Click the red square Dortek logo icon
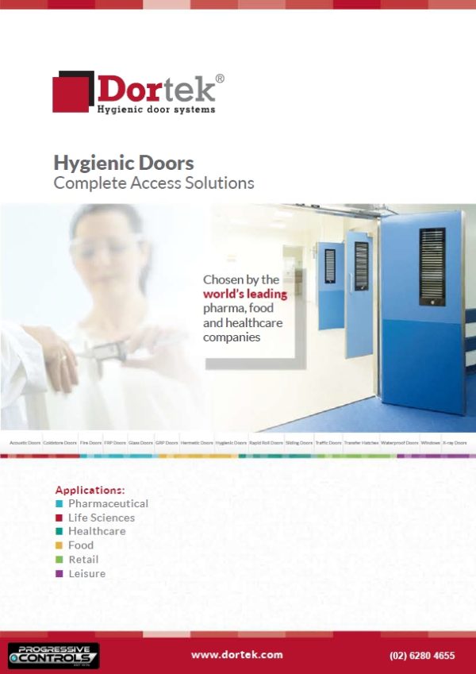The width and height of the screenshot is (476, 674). (x=74, y=92)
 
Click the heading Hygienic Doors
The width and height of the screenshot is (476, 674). (x=124, y=164)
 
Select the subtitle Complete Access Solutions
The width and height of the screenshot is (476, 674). (x=154, y=183)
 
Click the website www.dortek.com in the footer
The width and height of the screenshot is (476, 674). (x=237, y=655)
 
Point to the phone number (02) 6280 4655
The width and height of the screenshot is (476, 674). (x=422, y=656)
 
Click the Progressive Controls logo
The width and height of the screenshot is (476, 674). (x=53, y=655)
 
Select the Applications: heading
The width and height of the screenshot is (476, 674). (x=90, y=490)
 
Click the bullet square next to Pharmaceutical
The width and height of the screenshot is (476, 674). (x=59, y=504)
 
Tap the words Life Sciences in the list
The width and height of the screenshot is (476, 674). (x=102, y=518)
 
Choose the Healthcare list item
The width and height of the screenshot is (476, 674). (x=97, y=531)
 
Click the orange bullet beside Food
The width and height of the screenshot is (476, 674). (x=59, y=546)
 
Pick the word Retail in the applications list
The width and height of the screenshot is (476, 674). (x=83, y=560)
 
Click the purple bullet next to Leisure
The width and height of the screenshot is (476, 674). (x=59, y=574)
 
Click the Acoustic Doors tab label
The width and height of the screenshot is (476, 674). (x=24, y=442)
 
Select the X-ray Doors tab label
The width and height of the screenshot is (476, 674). (x=455, y=442)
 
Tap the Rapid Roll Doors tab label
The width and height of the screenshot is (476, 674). (x=265, y=442)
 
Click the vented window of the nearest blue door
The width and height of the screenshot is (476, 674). (x=432, y=267)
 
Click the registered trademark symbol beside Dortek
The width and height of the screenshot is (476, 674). (x=220, y=78)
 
